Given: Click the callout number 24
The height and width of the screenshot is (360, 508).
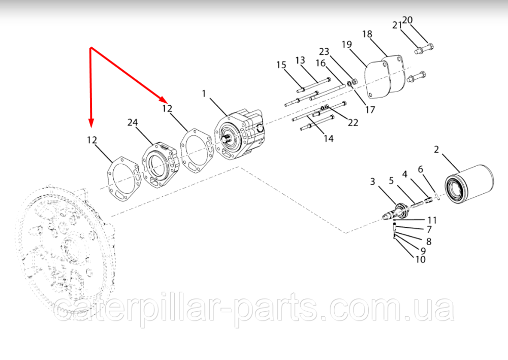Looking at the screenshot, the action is click(x=133, y=122).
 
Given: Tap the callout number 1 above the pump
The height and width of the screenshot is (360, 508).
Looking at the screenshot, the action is click(x=204, y=94).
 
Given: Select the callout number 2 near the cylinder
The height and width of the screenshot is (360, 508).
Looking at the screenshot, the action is click(x=436, y=149).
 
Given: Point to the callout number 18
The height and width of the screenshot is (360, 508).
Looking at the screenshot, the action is click(x=367, y=34).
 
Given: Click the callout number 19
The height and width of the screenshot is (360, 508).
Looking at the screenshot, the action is click(x=346, y=44).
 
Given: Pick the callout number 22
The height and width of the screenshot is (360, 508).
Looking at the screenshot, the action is click(x=353, y=123).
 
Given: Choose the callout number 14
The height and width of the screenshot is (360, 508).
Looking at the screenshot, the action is click(x=329, y=138).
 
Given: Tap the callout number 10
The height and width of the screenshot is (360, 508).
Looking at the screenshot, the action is click(x=420, y=259).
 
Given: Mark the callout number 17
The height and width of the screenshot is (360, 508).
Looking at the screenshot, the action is click(x=370, y=110).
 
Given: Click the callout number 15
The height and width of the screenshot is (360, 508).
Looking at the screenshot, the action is click(x=281, y=65).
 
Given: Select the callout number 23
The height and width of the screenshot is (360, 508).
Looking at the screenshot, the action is click(x=324, y=51).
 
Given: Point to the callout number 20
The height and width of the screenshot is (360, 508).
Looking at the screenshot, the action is click(x=407, y=20).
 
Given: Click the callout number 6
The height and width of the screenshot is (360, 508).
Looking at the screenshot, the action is click(x=421, y=169).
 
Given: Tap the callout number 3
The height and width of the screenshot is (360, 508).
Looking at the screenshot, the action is click(x=372, y=182).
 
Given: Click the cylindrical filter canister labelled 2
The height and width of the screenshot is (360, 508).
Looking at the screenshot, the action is click(x=469, y=184).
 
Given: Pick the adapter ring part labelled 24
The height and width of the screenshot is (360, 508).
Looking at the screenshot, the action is click(x=160, y=165).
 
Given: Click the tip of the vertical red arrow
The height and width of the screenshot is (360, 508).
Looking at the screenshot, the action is click(x=91, y=127).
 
